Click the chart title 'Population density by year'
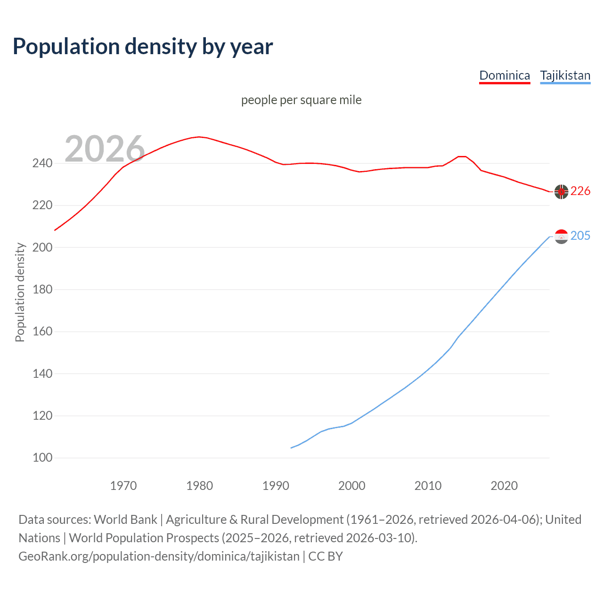point(143,47)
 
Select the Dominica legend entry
point(505,76)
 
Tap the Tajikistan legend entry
point(565,76)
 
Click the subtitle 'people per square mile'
point(301,100)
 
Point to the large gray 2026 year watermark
point(105,149)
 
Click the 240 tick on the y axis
point(42,163)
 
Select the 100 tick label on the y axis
point(42,458)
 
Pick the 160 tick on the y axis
point(42,332)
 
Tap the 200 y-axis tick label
point(42,247)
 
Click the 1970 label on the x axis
point(123,486)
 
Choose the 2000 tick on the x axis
point(352,486)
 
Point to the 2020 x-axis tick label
point(504,486)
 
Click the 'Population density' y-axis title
point(20,292)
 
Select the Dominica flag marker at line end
point(561,192)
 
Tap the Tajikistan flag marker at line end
point(561,236)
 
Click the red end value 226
point(580,191)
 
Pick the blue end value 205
point(580,236)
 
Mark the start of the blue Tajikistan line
point(291,448)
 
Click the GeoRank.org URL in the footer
point(159,556)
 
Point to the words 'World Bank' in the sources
point(125,520)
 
